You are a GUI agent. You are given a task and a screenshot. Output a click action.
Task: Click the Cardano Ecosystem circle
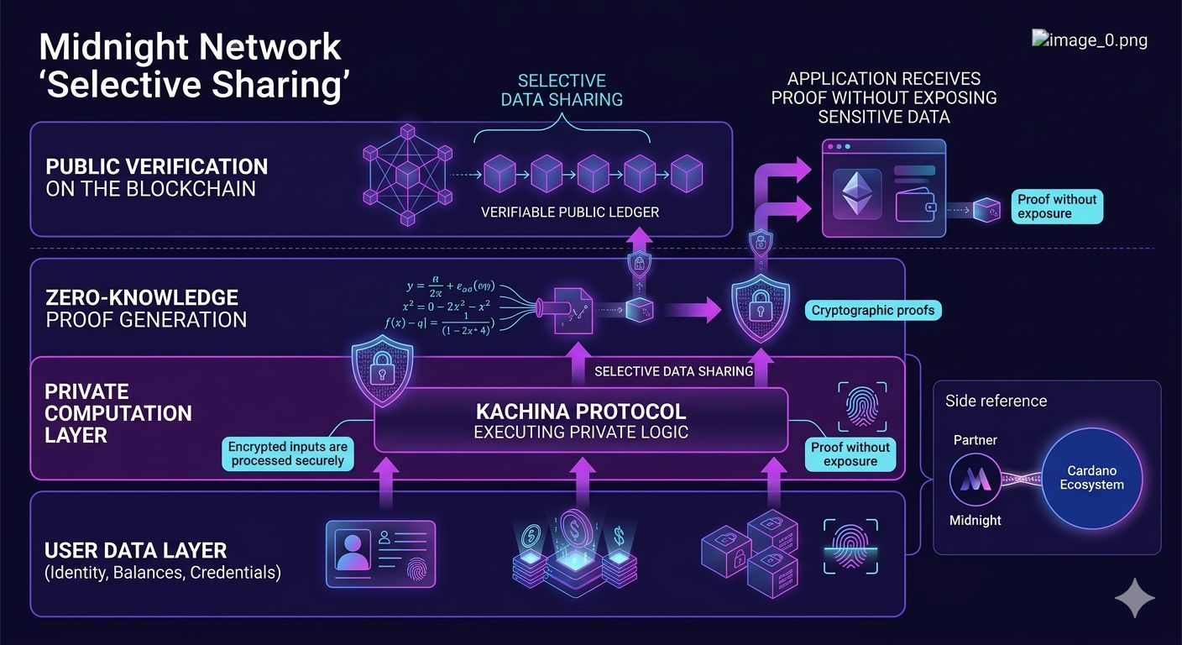tap(1091, 479)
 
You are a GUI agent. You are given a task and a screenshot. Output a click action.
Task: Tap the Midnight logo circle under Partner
tap(975, 480)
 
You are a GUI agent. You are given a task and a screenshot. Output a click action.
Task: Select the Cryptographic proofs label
tap(873, 311)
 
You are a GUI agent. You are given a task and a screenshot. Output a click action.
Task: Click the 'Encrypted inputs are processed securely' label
tap(288, 454)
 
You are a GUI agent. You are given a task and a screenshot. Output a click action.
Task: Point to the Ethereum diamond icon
tap(856, 194)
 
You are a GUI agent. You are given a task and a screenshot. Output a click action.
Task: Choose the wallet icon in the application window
tap(916, 204)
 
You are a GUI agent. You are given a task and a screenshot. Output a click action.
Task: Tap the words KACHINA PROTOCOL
tap(580, 412)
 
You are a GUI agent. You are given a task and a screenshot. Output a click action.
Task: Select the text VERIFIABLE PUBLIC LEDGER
tap(570, 212)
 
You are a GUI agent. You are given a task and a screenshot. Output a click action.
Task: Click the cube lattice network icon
tap(407, 175)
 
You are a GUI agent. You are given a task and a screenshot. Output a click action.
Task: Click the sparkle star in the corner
tap(1134, 597)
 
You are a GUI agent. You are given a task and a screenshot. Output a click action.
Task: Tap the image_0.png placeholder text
tap(1090, 39)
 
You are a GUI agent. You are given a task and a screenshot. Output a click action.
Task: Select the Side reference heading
tap(996, 401)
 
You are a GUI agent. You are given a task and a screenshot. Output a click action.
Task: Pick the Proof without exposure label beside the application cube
tap(1057, 207)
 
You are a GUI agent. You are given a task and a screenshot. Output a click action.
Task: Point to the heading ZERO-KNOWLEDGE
tap(142, 297)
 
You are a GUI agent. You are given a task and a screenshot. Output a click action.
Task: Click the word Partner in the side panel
tap(975, 440)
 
